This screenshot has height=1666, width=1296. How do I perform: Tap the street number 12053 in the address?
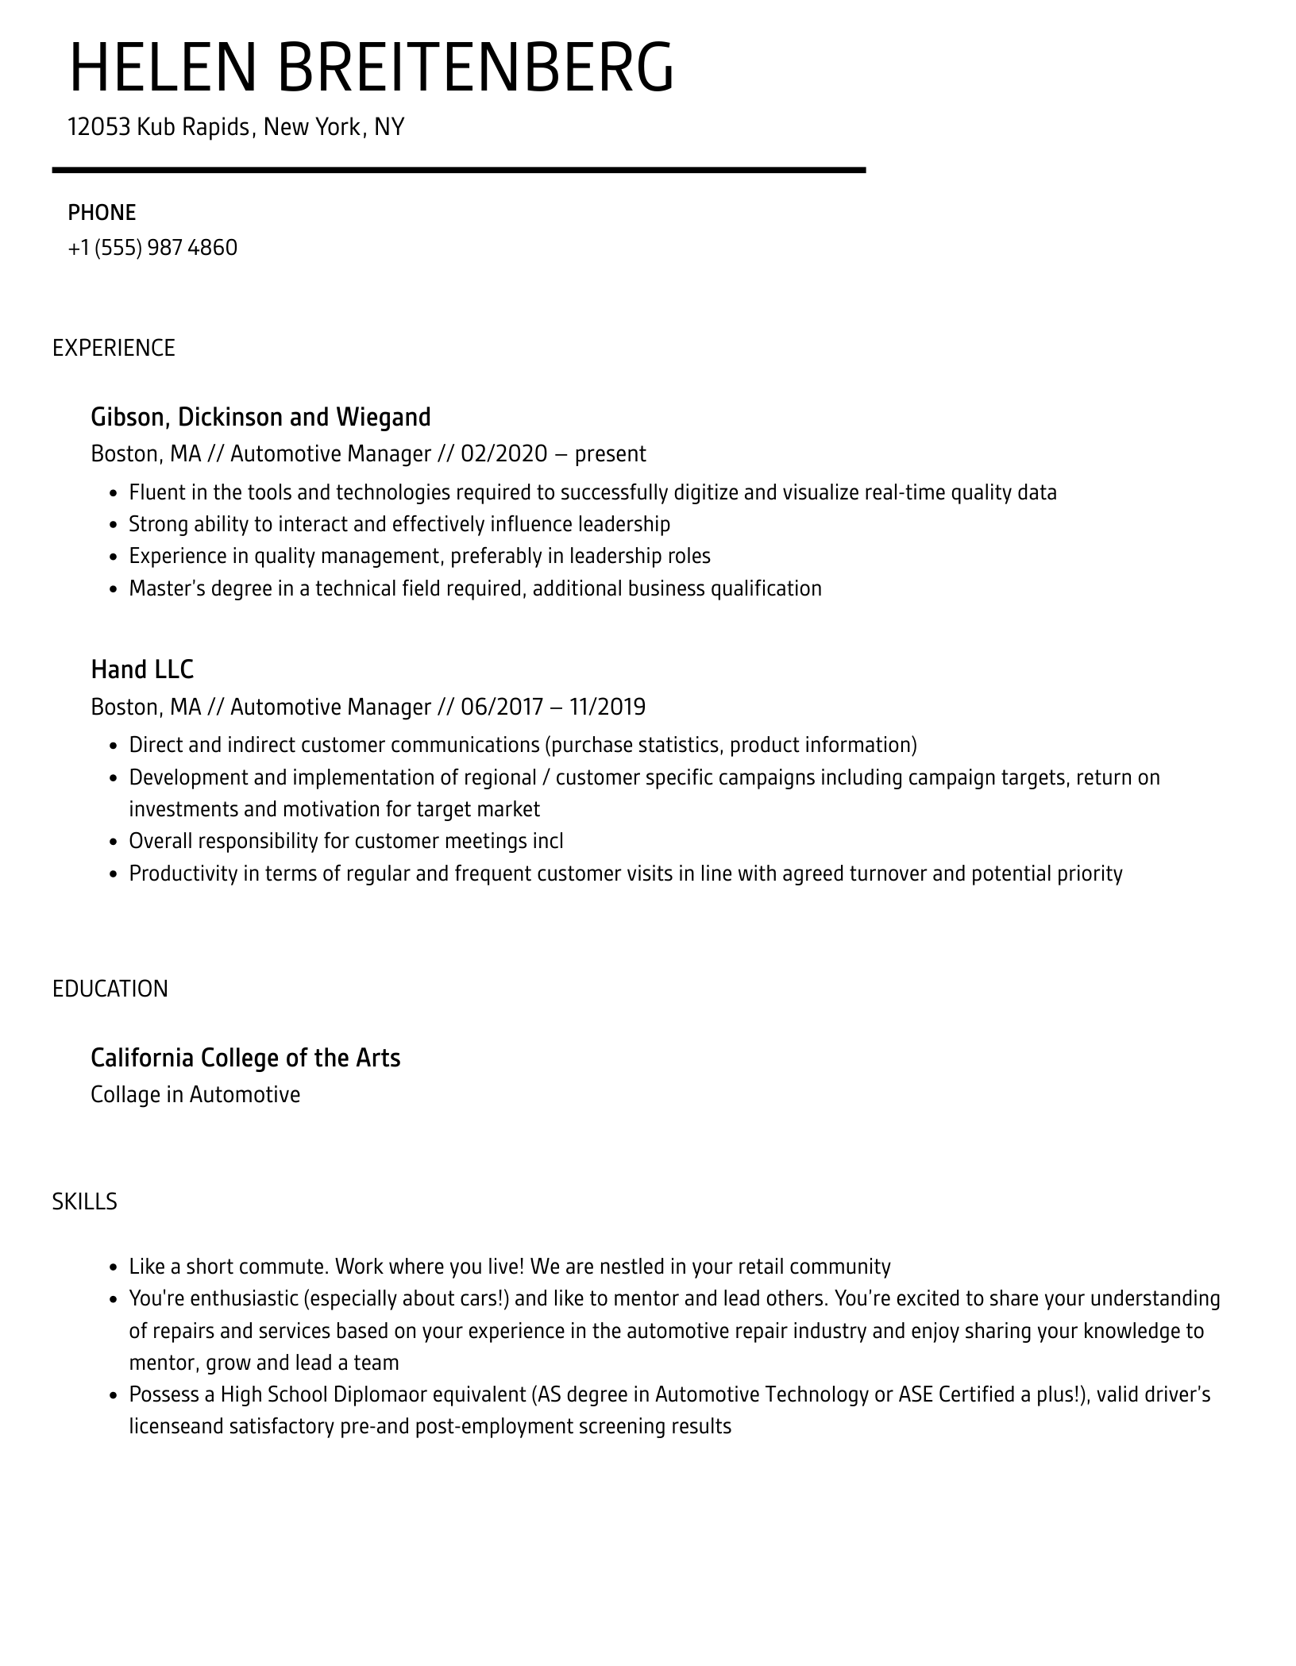(98, 127)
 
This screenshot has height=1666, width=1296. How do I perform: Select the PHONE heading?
(102, 213)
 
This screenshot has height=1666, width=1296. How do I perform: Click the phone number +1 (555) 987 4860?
(152, 248)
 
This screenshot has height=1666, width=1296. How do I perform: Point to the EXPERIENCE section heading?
(114, 348)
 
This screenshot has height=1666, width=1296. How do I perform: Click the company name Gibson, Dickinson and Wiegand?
(260, 417)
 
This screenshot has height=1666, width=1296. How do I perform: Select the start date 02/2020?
(503, 454)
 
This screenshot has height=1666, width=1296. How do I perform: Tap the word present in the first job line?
(610, 454)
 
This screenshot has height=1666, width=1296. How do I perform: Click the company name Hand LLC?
(142, 669)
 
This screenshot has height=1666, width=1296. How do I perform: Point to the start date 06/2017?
(502, 707)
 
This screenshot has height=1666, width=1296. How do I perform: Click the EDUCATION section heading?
(110, 989)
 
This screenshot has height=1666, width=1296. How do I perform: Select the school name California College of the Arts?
(245, 1058)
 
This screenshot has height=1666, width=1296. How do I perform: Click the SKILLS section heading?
(84, 1201)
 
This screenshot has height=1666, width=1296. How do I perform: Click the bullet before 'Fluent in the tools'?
(113, 494)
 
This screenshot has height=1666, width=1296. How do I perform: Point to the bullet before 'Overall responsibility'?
(113, 843)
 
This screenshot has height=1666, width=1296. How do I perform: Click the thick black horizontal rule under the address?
(458, 170)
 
